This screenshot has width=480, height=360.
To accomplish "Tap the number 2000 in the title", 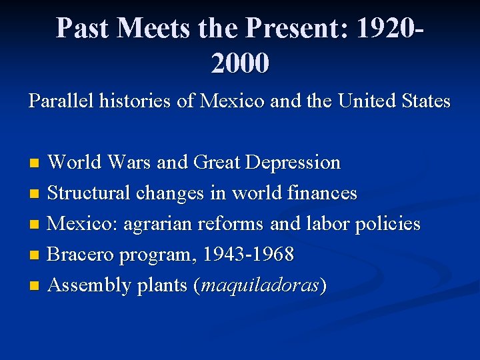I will (x=240, y=63).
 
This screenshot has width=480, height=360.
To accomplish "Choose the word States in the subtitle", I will (x=425, y=102).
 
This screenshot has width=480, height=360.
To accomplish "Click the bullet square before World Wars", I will (x=37, y=163).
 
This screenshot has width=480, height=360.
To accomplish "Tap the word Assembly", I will (x=90, y=285).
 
